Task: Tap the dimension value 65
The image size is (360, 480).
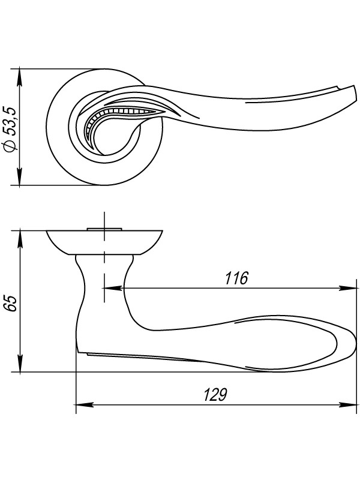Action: (11, 304)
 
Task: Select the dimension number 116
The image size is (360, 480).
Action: (236, 278)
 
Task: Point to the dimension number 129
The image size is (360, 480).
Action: (215, 395)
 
